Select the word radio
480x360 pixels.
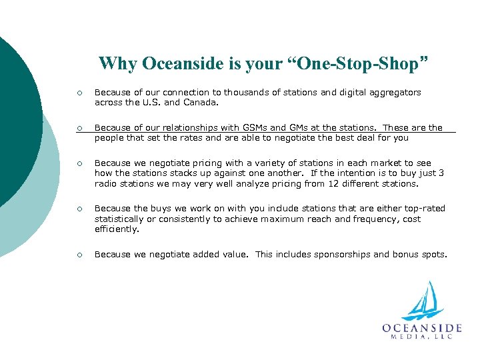[105, 183]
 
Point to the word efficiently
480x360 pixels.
[116, 229]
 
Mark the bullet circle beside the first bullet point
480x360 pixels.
[79, 93]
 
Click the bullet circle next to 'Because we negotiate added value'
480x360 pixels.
[79, 255]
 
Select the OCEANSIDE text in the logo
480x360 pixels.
[422, 328]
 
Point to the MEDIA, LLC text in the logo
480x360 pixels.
[422, 337]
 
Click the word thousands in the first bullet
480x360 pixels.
[246, 93]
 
